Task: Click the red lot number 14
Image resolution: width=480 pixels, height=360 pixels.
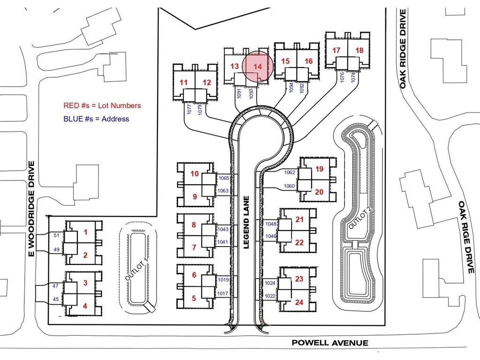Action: point(258,67)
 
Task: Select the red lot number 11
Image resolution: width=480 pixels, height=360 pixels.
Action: point(183,82)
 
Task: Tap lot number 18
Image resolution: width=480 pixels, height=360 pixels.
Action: point(360,50)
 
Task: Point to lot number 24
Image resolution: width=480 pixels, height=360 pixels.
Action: point(299,302)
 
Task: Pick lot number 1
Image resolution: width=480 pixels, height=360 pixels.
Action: point(85,232)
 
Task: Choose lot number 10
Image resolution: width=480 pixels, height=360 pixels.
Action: point(195,173)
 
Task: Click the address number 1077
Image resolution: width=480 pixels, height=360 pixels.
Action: point(189,109)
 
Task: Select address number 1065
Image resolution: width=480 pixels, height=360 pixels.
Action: point(224,178)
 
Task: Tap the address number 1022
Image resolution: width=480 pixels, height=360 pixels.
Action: point(270,296)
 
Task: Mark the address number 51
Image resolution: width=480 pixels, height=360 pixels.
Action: point(56,235)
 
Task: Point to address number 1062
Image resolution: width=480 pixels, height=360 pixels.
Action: point(289,172)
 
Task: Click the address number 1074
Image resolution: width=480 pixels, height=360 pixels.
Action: point(353,77)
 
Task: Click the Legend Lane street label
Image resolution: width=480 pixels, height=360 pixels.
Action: point(247,222)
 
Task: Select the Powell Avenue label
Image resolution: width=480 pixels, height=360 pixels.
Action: point(330,343)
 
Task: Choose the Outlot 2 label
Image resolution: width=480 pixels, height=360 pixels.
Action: point(360,218)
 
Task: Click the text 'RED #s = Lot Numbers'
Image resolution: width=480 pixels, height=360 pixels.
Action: point(102,105)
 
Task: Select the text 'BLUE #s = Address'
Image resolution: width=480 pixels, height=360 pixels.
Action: point(96,119)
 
